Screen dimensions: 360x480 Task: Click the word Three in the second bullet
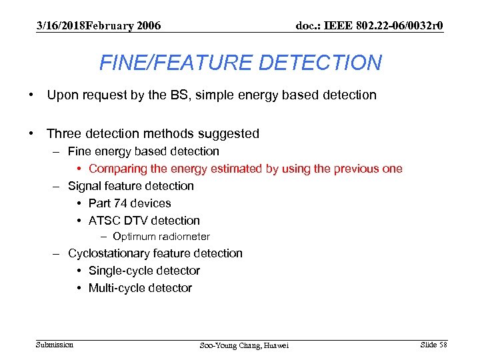click(66, 134)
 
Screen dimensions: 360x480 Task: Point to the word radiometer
click(183, 237)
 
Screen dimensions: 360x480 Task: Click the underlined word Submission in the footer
click(55, 345)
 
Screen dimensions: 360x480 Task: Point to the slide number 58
click(443, 345)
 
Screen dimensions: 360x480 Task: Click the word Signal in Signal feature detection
click(84, 186)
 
